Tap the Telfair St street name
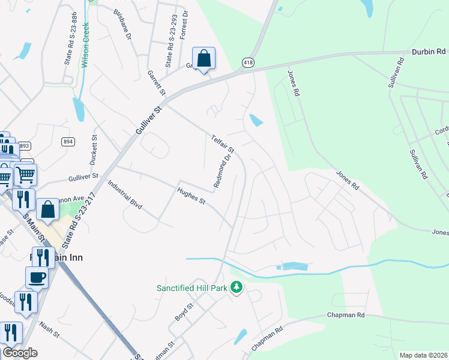click(222, 143)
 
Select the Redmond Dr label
click(222, 171)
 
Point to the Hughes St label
click(191, 196)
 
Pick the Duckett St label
click(94, 150)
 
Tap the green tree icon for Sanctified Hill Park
click(237, 289)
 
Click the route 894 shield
click(68, 141)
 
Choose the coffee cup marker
click(37, 277)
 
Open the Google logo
click(20, 353)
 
